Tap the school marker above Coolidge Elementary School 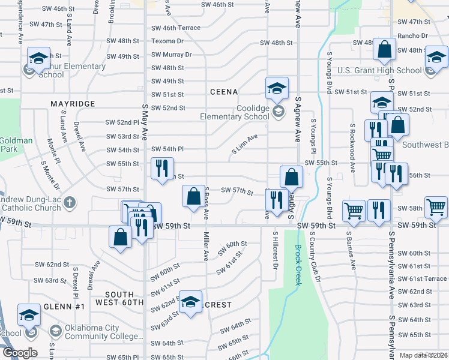pyautogui.click(x=277, y=89)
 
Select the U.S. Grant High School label pyautogui.click(x=379, y=70)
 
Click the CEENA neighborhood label pyautogui.click(x=224, y=92)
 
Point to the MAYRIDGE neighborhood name pyautogui.click(x=73, y=104)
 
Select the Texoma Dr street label pyautogui.click(x=167, y=41)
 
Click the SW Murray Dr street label pyautogui.click(x=171, y=55)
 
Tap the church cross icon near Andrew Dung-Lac pyautogui.click(x=70, y=201)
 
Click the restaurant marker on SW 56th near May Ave pyautogui.click(x=161, y=169)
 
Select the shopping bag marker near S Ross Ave pyautogui.click(x=193, y=197)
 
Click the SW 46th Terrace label pyautogui.click(x=175, y=28)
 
